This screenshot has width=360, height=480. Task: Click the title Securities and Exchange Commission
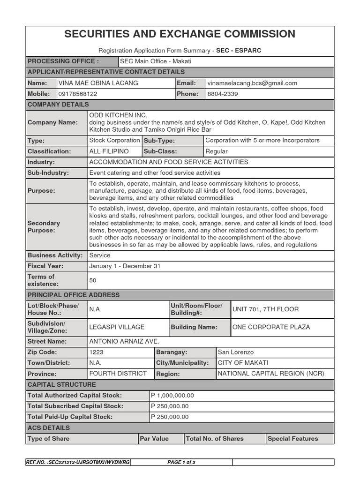180,34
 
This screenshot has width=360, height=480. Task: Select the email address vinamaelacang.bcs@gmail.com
252,83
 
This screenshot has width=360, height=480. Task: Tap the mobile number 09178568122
77,94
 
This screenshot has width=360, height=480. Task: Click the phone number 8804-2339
222,94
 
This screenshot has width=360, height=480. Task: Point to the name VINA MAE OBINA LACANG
97,83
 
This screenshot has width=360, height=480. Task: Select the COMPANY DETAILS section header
58,105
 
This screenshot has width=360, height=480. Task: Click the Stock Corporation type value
114,140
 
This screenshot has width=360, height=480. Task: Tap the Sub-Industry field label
48,172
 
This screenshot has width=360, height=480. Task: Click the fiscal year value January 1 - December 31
125,266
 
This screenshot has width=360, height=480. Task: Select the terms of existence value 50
93,280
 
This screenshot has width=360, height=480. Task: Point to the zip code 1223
96,352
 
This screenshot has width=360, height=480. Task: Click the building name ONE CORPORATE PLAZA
271,327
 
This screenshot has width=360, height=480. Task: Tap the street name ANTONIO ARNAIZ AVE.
121,341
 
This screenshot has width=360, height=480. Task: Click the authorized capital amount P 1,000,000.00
172,396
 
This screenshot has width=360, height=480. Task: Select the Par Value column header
154,439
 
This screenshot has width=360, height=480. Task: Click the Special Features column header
292,439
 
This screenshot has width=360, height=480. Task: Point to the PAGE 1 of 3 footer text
181,462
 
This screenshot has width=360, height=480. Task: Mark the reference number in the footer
78,462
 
